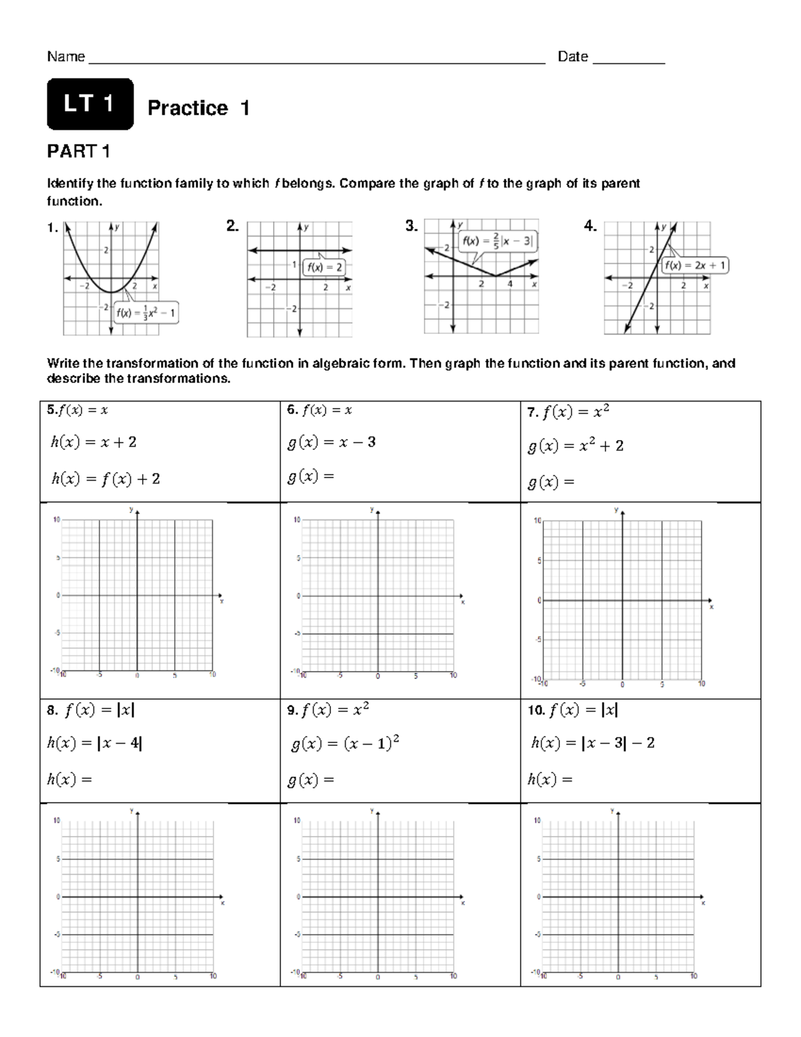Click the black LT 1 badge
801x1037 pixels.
click(89, 104)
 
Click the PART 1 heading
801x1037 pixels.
click(78, 152)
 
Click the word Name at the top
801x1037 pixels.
click(65, 57)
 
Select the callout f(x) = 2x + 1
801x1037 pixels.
click(695, 265)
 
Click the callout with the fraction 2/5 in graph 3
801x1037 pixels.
click(497, 242)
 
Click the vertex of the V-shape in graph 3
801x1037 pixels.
click(495, 276)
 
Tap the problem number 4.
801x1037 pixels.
click(589, 226)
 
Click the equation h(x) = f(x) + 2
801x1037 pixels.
click(105, 479)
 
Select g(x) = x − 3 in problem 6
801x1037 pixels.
click(331, 442)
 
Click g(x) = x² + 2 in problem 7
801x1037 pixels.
click(575, 446)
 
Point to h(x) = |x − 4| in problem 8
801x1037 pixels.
click(94, 743)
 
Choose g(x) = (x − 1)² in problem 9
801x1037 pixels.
click(345, 743)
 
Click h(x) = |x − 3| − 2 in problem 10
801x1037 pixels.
click(592, 743)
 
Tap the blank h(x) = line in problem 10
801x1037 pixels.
click(550, 779)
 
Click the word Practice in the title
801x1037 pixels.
click(188, 108)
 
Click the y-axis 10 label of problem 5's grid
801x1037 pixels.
click(57, 519)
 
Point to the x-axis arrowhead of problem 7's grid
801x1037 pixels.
click(710, 600)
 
